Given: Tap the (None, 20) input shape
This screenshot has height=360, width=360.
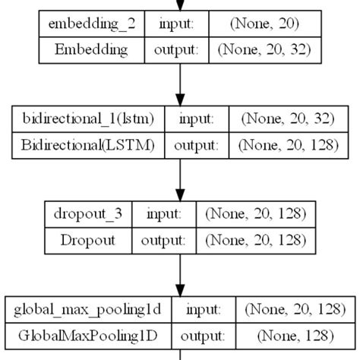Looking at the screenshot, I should [x=264, y=24].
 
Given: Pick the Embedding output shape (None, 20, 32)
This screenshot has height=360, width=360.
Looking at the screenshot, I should [x=264, y=50].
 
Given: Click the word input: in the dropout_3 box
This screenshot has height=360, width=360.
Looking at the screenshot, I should [x=164, y=213].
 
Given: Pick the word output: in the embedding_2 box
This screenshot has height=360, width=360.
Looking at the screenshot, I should [x=177, y=50].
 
